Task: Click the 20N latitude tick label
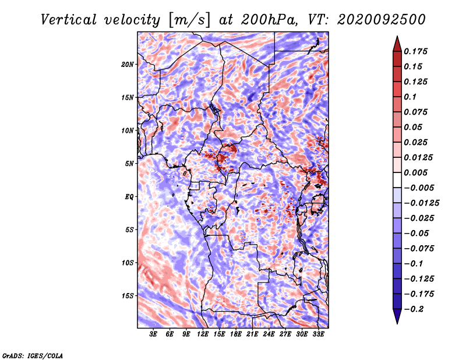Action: (x=128, y=65)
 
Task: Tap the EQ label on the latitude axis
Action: (x=129, y=197)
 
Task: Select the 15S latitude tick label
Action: (x=128, y=296)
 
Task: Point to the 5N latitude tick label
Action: (x=129, y=164)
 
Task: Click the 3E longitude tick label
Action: (x=153, y=334)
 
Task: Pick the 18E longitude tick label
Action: (x=236, y=334)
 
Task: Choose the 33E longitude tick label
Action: (x=318, y=334)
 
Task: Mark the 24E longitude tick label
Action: (x=269, y=334)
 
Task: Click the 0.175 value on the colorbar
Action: (x=415, y=51)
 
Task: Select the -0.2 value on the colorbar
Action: (x=414, y=309)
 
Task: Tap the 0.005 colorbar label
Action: (x=415, y=172)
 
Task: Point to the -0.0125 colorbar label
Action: (x=421, y=203)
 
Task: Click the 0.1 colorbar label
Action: (x=410, y=97)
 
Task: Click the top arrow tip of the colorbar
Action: (x=397, y=36)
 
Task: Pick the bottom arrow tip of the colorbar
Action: (x=397, y=324)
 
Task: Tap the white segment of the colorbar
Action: (x=397, y=180)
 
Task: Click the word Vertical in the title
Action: (x=69, y=20)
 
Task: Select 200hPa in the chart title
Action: (x=269, y=20)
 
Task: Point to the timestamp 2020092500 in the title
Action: (x=382, y=20)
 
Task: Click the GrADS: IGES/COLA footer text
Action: (x=33, y=355)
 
